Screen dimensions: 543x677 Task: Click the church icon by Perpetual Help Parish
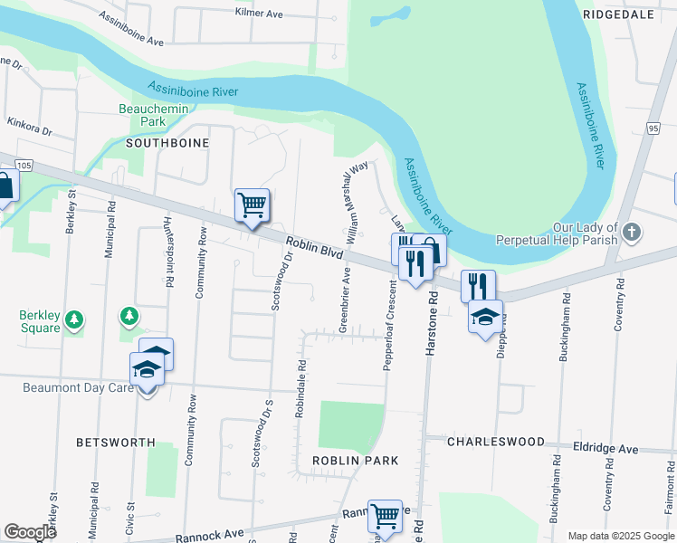[632, 233]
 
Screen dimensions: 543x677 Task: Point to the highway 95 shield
[653, 130]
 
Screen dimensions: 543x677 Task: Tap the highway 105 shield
[24, 165]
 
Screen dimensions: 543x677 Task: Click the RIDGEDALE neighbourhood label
[618, 15]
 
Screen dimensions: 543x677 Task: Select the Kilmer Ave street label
[260, 14]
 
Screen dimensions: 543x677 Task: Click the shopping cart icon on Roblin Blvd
[253, 205]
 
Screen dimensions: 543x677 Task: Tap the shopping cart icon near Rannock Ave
[386, 517]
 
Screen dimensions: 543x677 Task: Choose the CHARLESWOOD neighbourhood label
[495, 443]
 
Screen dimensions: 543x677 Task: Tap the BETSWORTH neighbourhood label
[117, 443]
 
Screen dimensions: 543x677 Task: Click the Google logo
[31, 532]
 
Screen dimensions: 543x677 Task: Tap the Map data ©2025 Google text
[620, 536]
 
